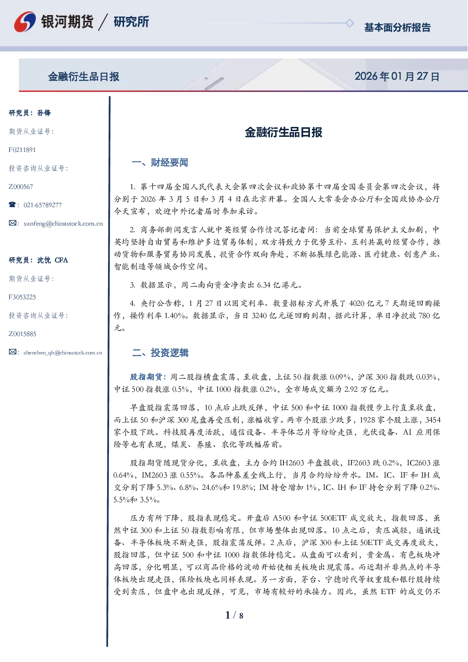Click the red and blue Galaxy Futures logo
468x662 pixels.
click(x=25, y=22)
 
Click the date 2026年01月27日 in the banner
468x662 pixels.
click(x=397, y=76)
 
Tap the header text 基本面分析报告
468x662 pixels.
click(x=397, y=27)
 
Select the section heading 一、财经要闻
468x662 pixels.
click(x=160, y=162)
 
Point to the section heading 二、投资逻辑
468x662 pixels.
click(x=160, y=352)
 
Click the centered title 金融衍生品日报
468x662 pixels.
click(x=284, y=132)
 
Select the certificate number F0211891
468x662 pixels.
click(x=22, y=150)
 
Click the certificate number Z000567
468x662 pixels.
click(x=21, y=187)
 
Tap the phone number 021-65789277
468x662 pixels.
click(x=42, y=205)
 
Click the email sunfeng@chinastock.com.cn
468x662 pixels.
click(x=63, y=224)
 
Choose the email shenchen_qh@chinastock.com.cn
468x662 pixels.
click(x=63, y=352)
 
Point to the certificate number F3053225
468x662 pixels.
click(x=22, y=297)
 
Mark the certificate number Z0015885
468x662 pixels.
click(x=23, y=334)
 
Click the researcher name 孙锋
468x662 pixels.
click(x=44, y=113)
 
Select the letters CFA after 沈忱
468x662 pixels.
click(x=61, y=260)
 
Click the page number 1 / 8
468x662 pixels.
click(x=234, y=615)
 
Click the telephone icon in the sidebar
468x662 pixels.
click(x=12, y=204)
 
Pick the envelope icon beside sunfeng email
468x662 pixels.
click(x=12, y=223)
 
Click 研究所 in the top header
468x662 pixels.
click(x=131, y=22)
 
